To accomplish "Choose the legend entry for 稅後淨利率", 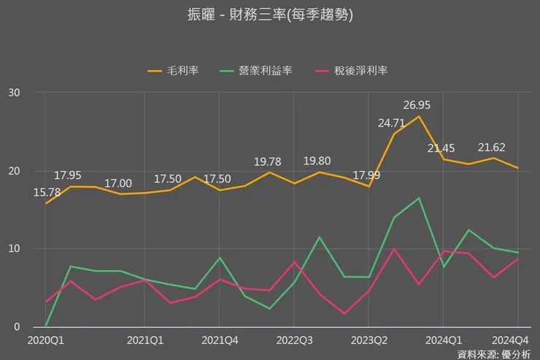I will pos(352,70).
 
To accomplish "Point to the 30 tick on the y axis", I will pos(15,93).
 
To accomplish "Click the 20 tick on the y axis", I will pos(15,171).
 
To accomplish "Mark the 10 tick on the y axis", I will pos(15,249).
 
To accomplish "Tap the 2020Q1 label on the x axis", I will pos(45,340).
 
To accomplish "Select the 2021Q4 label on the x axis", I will pos(220,340).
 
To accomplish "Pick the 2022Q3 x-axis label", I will pos(294,340).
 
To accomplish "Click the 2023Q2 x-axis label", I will pos(369,340).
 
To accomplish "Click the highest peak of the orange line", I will pos(418,116).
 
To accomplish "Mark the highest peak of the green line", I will pos(418,198).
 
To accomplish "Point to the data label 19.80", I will pos(319,161).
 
